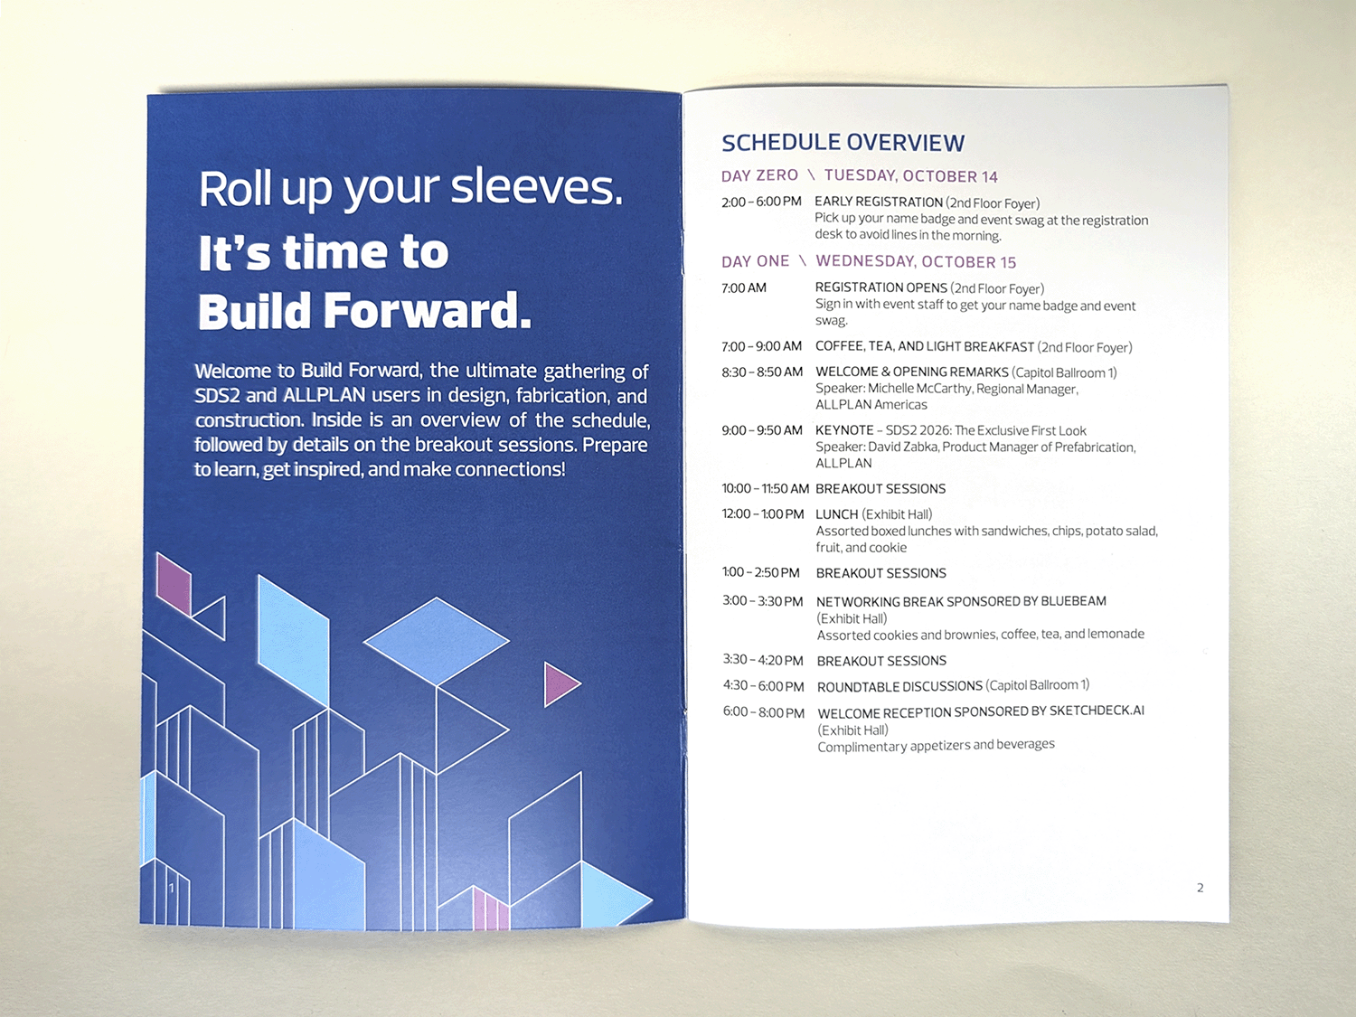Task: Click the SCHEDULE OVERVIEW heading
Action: point(843,143)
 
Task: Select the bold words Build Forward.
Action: point(364,311)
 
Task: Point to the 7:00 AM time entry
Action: point(744,288)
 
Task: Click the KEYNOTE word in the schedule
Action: point(844,430)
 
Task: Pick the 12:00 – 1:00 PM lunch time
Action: point(763,514)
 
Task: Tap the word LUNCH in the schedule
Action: point(836,514)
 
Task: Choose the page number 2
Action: point(1200,888)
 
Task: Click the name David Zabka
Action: point(902,447)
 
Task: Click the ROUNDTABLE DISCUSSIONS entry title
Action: point(899,686)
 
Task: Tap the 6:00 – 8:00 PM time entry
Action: point(763,712)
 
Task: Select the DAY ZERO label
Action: point(759,175)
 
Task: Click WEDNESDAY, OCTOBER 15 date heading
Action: point(916,262)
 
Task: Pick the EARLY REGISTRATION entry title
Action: point(879,202)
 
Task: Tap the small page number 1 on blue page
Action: point(171,888)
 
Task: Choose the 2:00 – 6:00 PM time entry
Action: point(761,202)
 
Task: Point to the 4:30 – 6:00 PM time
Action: point(763,686)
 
